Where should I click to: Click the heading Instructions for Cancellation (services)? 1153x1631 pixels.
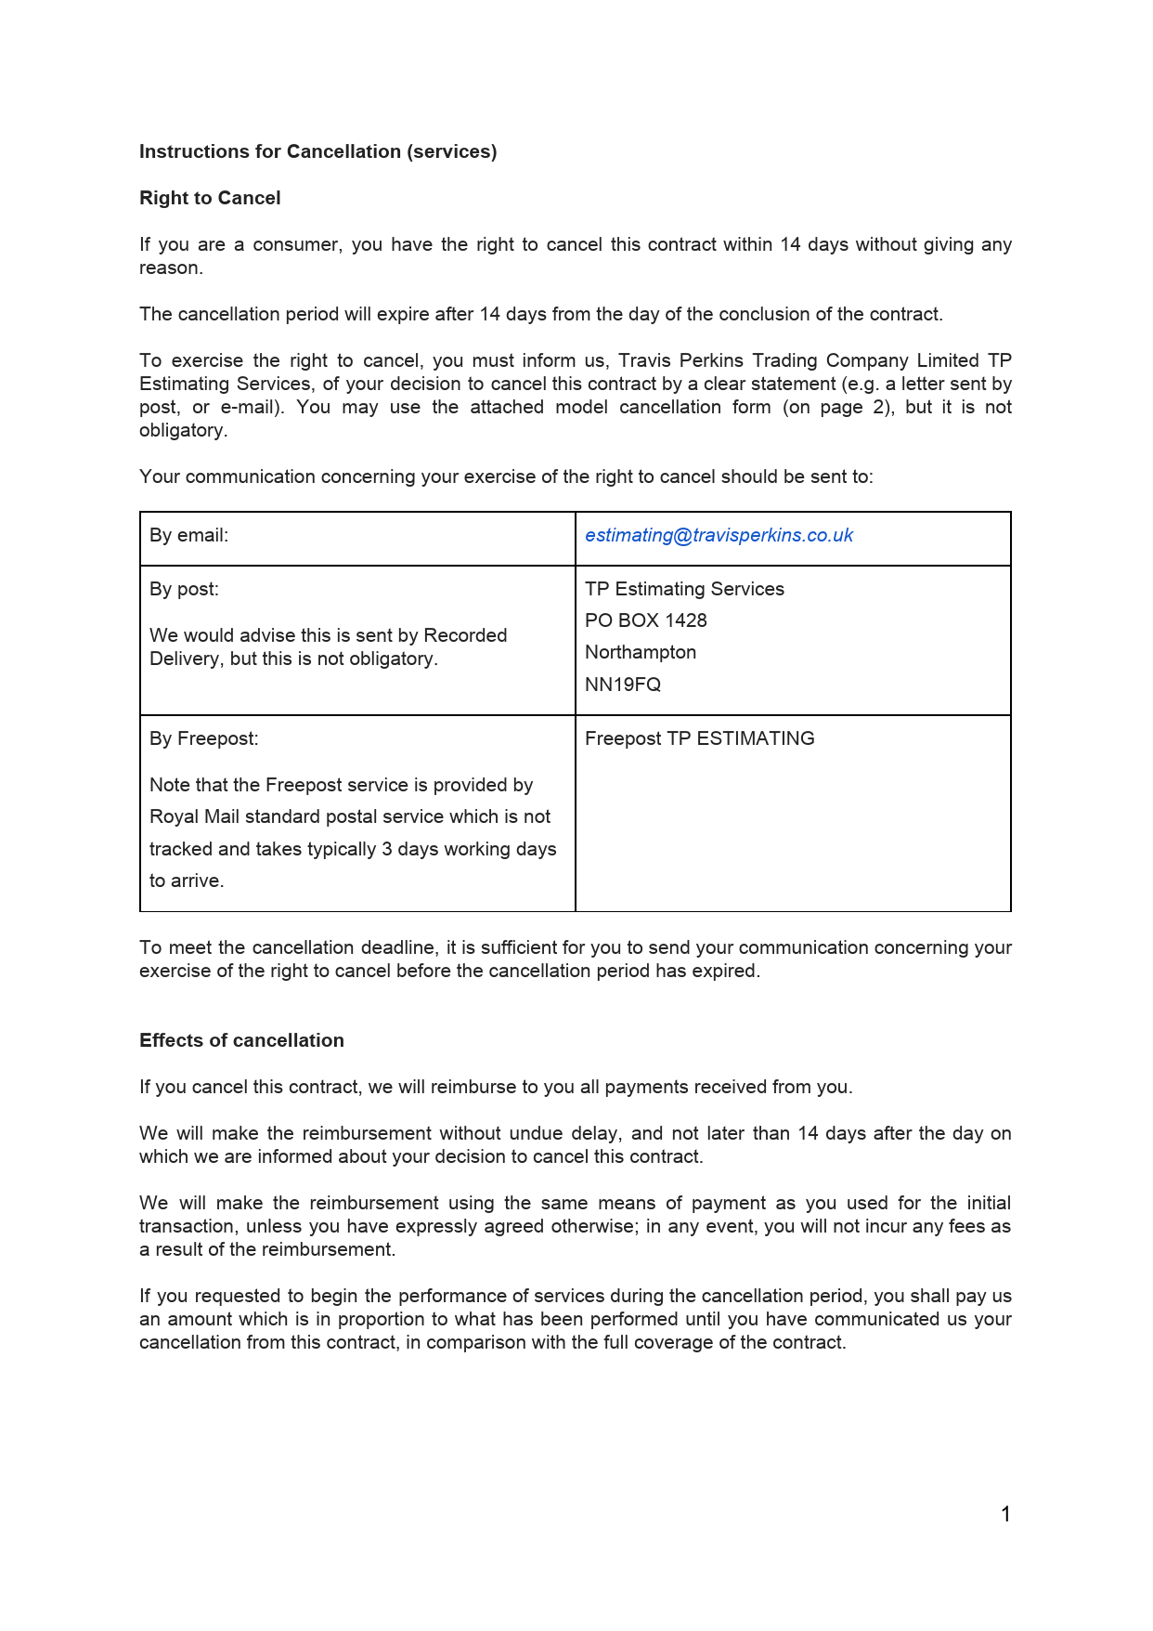(x=317, y=151)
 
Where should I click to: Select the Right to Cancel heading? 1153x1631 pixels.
(x=210, y=198)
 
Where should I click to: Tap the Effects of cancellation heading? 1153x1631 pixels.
(x=241, y=1040)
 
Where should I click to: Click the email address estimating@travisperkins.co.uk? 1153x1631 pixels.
(x=719, y=535)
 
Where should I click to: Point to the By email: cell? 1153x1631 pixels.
(x=188, y=535)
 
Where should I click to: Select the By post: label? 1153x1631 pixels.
(x=184, y=589)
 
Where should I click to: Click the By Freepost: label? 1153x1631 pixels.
(x=203, y=738)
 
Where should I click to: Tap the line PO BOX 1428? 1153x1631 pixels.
(x=645, y=620)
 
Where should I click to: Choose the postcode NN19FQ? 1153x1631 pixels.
(x=622, y=685)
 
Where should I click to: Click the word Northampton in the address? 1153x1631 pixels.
(x=640, y=652)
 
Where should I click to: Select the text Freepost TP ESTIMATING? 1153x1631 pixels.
(x=699, y=738)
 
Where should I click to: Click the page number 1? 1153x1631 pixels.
(x=1004, y=1514)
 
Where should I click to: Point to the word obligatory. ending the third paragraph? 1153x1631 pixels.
(x=183, y=430)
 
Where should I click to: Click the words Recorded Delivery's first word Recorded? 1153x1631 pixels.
(x=465, y=635)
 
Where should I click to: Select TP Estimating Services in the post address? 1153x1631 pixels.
(x=683, y=589)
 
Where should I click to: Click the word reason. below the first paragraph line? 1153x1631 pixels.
(x=171, y=267)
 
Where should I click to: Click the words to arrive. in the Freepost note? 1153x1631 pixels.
(x=186, y=881)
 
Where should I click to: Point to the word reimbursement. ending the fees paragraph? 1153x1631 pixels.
(x=328, y=1249)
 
